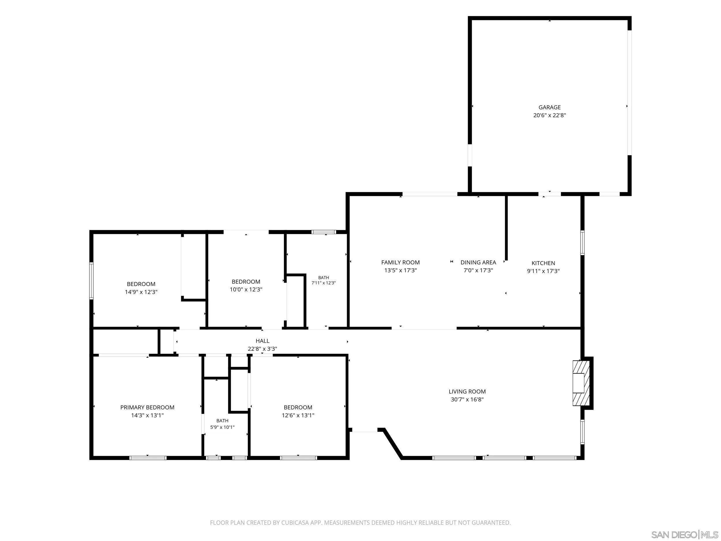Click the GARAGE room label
[x=550, y=107]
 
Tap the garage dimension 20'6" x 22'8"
[x=550, y=115]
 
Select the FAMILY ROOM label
[x=401, y=262]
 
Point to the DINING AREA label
[x=478, y=262]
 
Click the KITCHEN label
[x=543, y=263]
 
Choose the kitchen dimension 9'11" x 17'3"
[x=543, y=271]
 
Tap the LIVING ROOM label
[x=467, y=391]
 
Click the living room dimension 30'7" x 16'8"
[x=467, y=399]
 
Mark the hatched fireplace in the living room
[x=581, y=383]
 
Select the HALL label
[x=262, y=341]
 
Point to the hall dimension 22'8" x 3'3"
[x=262, y=349]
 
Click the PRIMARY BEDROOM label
[x=147, y=407]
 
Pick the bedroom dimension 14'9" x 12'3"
[x=141, y=292]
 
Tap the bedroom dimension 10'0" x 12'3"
[x=246, y=289]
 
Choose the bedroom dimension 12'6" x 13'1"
[x=298, y=415]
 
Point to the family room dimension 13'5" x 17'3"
[x=401, y=270]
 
